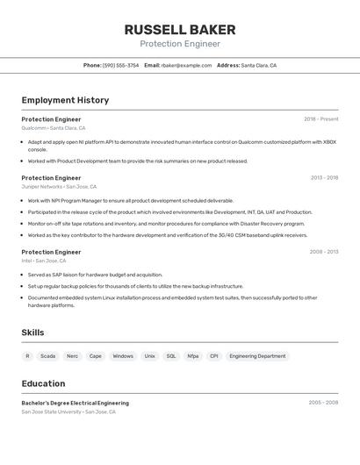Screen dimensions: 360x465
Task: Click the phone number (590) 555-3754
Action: [120, 65]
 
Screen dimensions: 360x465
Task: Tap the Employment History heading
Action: [65, 100]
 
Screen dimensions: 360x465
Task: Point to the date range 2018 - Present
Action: [320, 119]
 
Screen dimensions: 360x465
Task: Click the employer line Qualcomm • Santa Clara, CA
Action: [54, 128]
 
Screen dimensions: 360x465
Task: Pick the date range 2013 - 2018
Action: [324, 177]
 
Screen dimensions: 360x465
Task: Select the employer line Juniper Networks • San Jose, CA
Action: [59, 187]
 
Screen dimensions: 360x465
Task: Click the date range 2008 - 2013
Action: [324, 252]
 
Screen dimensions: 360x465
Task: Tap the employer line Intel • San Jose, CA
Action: [44, 261]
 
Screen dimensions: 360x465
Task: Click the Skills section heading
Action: [32, 333]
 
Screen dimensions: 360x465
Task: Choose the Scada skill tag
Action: [47, 356]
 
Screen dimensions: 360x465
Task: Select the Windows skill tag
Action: [123, 356]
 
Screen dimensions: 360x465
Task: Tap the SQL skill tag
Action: [171, 356]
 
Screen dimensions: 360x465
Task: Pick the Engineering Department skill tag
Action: [257, 356]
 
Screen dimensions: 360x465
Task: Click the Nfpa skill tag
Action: [192, 356]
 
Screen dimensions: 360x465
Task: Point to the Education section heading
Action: [43, 383]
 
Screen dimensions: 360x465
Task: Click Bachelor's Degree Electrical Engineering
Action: [75, 403]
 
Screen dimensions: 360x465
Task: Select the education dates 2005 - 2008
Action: [323, 403]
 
